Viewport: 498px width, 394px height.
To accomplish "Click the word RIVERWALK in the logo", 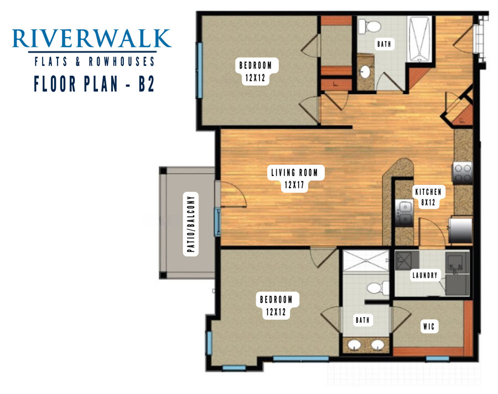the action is point(91,39).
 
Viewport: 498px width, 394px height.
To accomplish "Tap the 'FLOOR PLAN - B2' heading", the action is point(94,84).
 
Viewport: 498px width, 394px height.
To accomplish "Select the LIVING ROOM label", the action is point(294,173).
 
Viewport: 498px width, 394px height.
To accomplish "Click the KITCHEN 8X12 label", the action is point(428,197).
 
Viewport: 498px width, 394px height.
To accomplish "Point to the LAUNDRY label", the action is point(425,275).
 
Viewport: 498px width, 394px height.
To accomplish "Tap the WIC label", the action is point(429,326).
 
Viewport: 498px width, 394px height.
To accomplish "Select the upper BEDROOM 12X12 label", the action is point(256,71).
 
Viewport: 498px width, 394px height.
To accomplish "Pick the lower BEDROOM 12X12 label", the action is point(276,305).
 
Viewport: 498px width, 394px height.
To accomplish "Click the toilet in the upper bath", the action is point(369,25).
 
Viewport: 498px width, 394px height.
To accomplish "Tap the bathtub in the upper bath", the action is point(420,39).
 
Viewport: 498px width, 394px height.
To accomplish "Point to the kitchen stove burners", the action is point(463,173).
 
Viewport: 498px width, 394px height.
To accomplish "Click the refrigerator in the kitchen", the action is point(460,230).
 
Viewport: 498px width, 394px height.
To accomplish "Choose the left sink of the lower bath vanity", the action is point(354,345).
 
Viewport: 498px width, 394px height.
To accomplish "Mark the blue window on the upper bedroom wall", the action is point(199,70).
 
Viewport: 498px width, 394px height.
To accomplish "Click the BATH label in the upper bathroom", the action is point(384,44).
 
